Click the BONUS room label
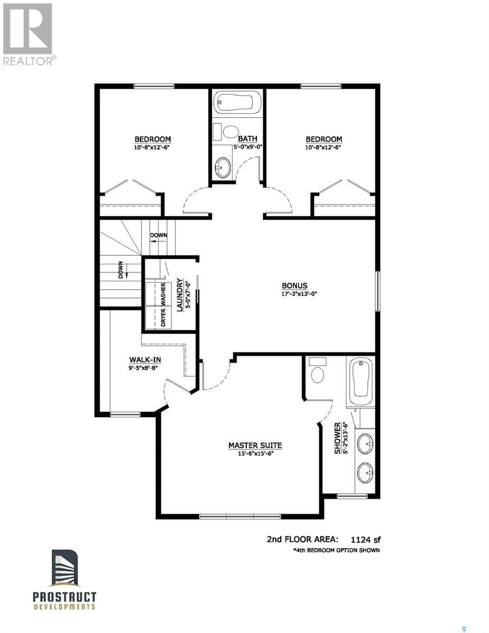(294, 286)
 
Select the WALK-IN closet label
(145, 360)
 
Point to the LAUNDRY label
(180, 295)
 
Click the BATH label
(247, 139)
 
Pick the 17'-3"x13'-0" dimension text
(299, 294)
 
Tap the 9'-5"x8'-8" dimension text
(143, 368)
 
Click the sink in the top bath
(223, 168)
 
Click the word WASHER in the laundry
(163, 294)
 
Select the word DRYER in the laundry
(163, 318)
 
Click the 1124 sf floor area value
(366, 540)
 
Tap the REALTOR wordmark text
(28, 61)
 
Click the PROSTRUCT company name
(64, 597)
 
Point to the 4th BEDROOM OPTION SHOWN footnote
(337, 550)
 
